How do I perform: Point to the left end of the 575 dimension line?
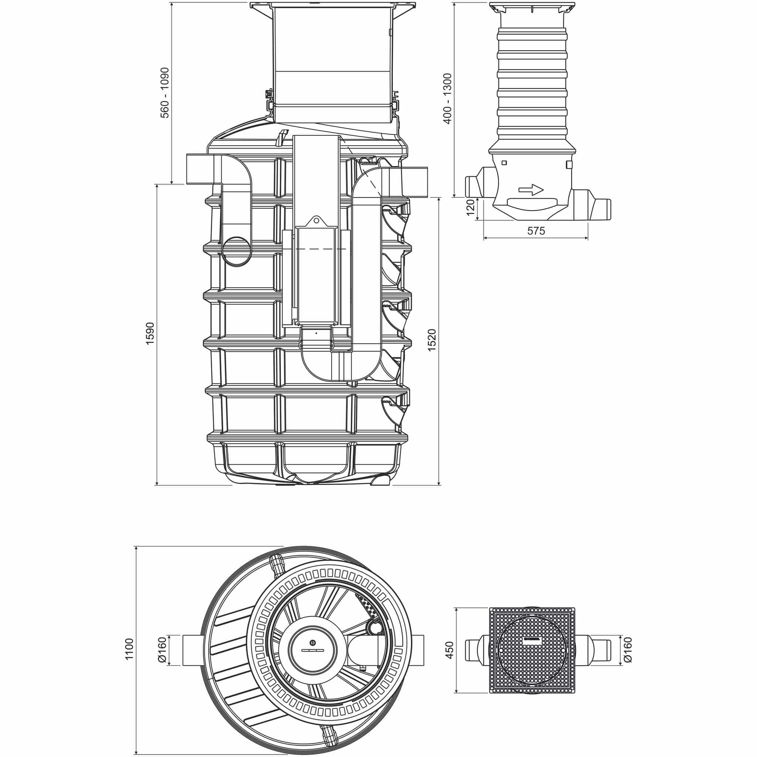click(483, 237)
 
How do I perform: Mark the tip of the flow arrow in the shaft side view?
click(543, 190)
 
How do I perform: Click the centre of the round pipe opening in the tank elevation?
click(237, 251)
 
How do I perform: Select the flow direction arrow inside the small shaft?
click(531, 190)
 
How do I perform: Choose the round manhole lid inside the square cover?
click(531, 651)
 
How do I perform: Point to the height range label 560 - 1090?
click(165, 93)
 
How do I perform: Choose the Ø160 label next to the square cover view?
click(627, 651)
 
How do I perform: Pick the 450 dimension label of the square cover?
click(449, 650)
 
